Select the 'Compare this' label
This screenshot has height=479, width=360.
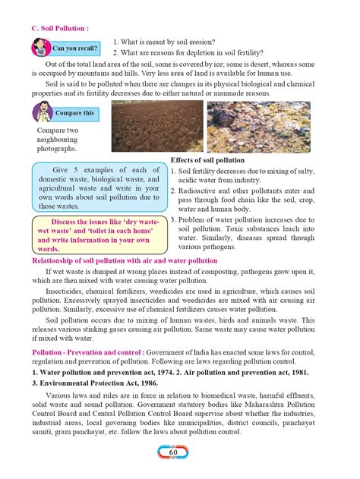74,113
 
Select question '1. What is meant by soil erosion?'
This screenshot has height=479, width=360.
175,41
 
